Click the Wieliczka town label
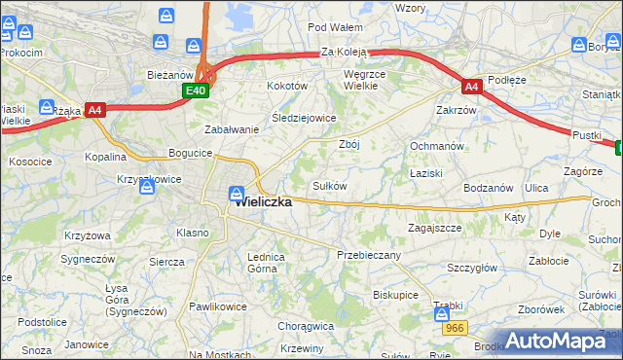point(264,203)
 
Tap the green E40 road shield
point(196,90)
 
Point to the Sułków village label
point(329,185)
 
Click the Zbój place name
point(349,144)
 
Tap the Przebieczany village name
point(368,254)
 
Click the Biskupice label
point(395,294)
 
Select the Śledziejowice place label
point(304,118)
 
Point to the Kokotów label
point(287,86)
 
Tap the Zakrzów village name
point(457,110)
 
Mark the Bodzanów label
point(489,187)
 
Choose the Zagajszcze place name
point(434,227)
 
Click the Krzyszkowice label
point(149,179)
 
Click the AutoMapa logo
point(560,342)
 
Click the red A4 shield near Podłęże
point(470,87)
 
